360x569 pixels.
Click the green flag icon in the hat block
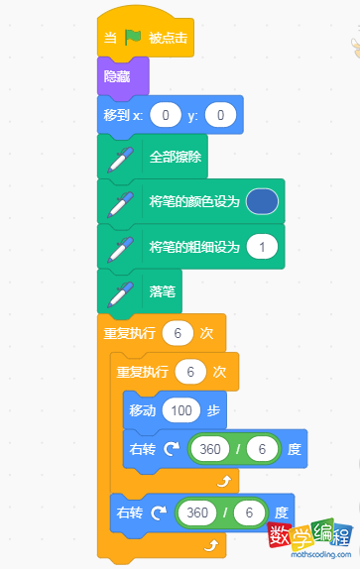pos(134,41)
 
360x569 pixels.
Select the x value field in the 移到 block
pos(166,116)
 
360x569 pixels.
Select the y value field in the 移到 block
pos(221,116)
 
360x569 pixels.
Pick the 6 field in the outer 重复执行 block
pos(178,333)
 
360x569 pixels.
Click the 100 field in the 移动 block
pos(183,409)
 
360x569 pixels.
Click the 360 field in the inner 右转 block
pos(210,449)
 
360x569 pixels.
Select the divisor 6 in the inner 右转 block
pos(261,449)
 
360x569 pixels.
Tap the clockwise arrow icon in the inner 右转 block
pos(171,449)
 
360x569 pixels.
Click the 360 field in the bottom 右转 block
pos(197,513)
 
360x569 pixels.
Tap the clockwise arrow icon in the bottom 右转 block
pos(158,513)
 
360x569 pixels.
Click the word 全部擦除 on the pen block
pos(175,157)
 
